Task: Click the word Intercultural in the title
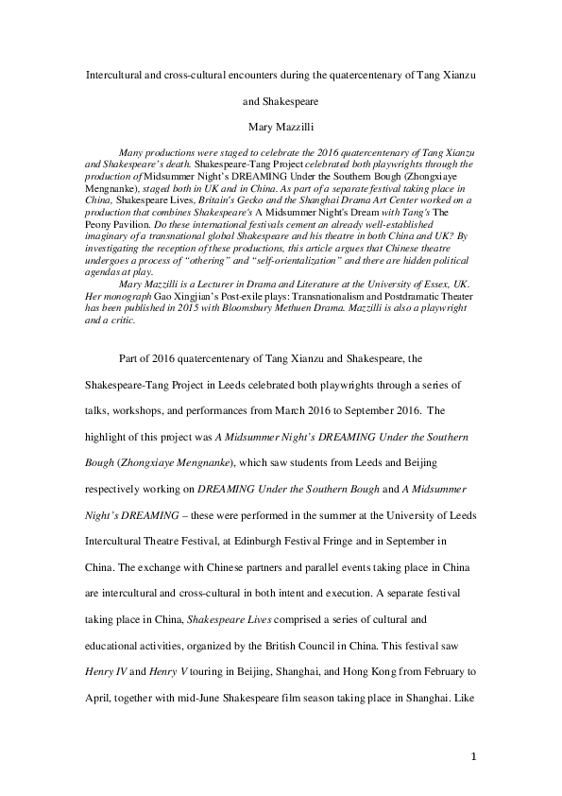[x=115, y=75]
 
